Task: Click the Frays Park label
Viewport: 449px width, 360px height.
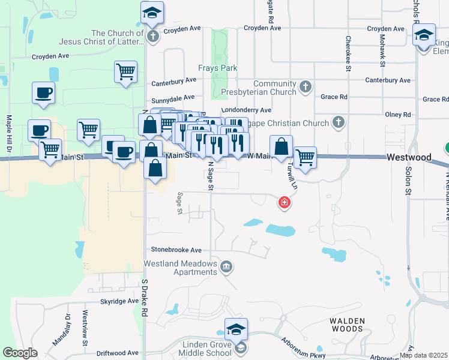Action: (x=218, y=68)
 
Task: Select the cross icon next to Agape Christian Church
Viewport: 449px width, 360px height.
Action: (x=338, y=123)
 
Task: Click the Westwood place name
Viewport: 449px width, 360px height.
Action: (x=409, y=157)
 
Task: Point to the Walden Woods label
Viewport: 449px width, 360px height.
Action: (x=347, y=324)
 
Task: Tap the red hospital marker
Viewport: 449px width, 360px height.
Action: (x=285, y=203)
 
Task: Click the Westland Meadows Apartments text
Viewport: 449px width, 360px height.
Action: (x=180, y=268)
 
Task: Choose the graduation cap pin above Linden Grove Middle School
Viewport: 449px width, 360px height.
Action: (x=236, y=329)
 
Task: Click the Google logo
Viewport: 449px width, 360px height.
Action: (x=20, y=353)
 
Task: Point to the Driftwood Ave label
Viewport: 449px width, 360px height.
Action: (x=118, y=353)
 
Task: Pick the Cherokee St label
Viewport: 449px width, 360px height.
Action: (x=348, y=53)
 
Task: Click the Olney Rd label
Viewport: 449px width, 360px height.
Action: (x=399, y=114)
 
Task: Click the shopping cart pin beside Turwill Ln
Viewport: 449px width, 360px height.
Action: (x=305, y=158)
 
